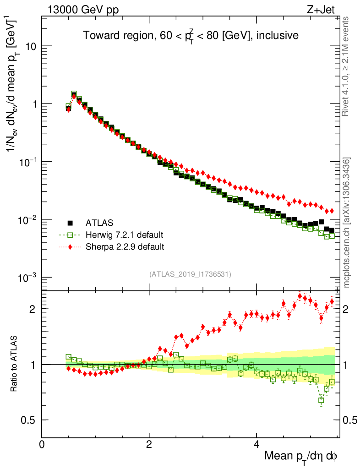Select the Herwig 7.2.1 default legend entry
[x=124, y=235]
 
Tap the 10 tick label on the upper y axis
[x=31, y=47]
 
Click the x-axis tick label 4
[x=256, y=444]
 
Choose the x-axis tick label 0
[x=42, y=444]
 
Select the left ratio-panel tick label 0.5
[x=29, y=420]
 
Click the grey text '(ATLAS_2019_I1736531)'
[x=190, y=274]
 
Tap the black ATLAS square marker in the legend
[x=71, y=224]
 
